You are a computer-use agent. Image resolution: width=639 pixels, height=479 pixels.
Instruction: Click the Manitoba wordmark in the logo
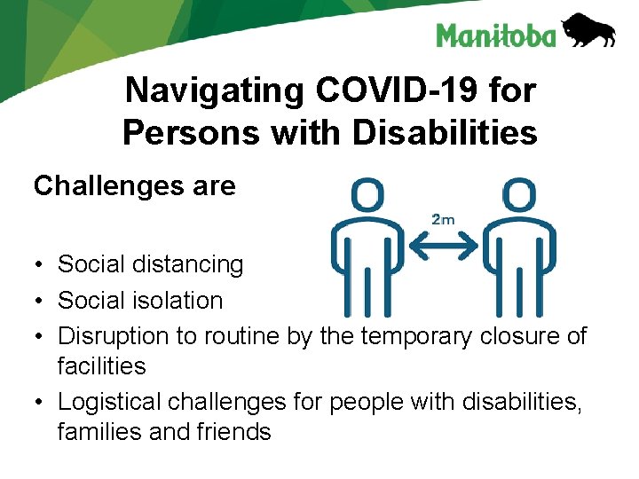(x=495, y=35)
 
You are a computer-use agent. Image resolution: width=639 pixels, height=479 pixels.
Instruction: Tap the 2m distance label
(x=444, y=218)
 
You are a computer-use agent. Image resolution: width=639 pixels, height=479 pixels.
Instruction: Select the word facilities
(x=101, y=365)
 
